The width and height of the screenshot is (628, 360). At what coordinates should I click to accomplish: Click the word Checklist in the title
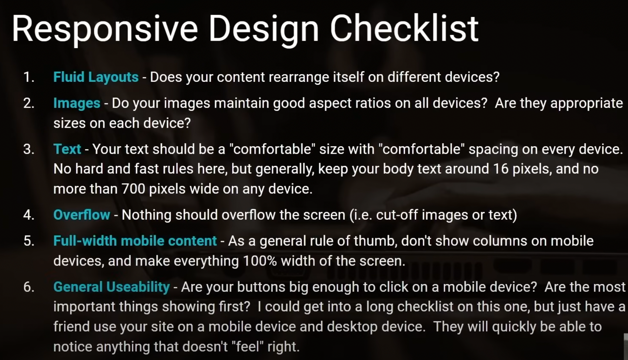pos(404,28)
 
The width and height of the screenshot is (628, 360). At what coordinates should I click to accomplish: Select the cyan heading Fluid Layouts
pos(96,77)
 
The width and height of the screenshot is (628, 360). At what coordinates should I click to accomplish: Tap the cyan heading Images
pos(77,103)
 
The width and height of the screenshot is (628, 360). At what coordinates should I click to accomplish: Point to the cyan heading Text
pos(67,149)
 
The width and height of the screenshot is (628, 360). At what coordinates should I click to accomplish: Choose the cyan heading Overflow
pos(81,215)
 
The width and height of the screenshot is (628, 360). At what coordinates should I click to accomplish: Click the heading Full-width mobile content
pos(135,241)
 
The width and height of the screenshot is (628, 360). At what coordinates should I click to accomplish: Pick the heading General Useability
pos(111,287)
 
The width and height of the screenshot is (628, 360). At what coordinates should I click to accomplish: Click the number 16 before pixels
pos(501,169)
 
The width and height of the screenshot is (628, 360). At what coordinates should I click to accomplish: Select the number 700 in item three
pos(133,189)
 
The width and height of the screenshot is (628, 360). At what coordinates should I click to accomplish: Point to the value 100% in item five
pos(260,261)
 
